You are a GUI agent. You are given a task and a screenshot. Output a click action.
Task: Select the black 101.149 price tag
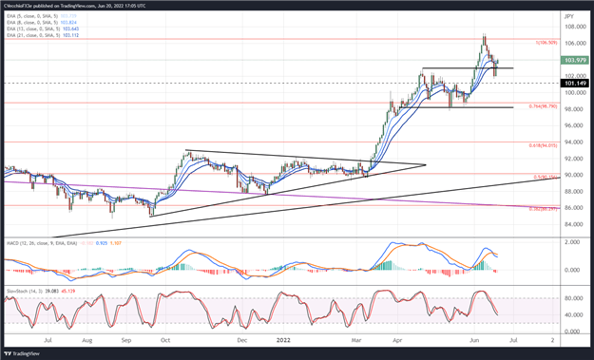point(573,84)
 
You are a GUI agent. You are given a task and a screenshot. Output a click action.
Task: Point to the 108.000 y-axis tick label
point(572,28)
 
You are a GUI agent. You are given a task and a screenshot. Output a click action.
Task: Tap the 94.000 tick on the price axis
point(571,142)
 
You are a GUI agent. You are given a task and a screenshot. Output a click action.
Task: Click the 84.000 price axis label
point(571,224)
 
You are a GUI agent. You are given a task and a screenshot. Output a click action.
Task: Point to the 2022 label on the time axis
point(283,338)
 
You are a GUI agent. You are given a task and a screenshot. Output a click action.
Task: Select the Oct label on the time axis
point(164,338)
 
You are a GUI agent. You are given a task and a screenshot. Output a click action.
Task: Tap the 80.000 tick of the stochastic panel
point(572,297)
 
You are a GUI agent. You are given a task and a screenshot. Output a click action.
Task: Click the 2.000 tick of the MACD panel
point(572,242)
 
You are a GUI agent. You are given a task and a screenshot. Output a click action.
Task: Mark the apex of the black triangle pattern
point(426,165)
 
